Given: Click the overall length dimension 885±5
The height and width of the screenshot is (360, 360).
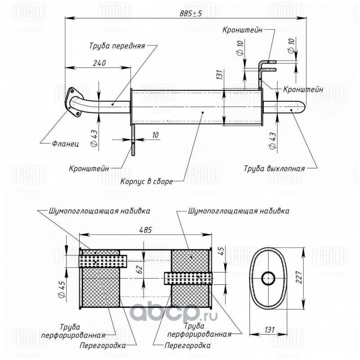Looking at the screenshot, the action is coord(190,13).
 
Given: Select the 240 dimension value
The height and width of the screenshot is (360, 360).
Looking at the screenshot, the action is coord(99,63).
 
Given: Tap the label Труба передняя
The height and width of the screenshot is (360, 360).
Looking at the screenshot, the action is coord(117,46).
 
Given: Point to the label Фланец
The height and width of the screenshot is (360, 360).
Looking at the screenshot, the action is coord(65,144).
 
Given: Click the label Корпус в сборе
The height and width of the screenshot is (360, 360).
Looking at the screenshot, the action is coord(147,182).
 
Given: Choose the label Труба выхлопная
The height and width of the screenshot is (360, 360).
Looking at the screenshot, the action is coord(274,169).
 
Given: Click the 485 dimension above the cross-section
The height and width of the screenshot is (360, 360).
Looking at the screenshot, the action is coord(145,229).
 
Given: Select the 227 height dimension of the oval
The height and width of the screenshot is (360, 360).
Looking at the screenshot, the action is coord(298,277).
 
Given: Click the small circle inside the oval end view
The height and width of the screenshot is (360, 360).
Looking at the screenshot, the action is coord(268,279).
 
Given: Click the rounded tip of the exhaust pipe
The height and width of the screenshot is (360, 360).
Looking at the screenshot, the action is coord(302,107).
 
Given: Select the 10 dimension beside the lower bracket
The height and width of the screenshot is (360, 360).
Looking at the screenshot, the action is coord(155,135).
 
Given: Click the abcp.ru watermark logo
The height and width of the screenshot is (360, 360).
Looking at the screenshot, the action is coord(174,312).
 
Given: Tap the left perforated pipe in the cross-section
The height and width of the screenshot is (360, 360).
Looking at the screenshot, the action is coord(103,261).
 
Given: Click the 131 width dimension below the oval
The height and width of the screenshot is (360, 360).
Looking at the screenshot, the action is coord(269,329).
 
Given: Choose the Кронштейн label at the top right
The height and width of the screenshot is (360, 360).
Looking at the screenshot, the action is coord(242,30).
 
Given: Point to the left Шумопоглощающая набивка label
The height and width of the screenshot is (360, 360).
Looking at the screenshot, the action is coord(99,211).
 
